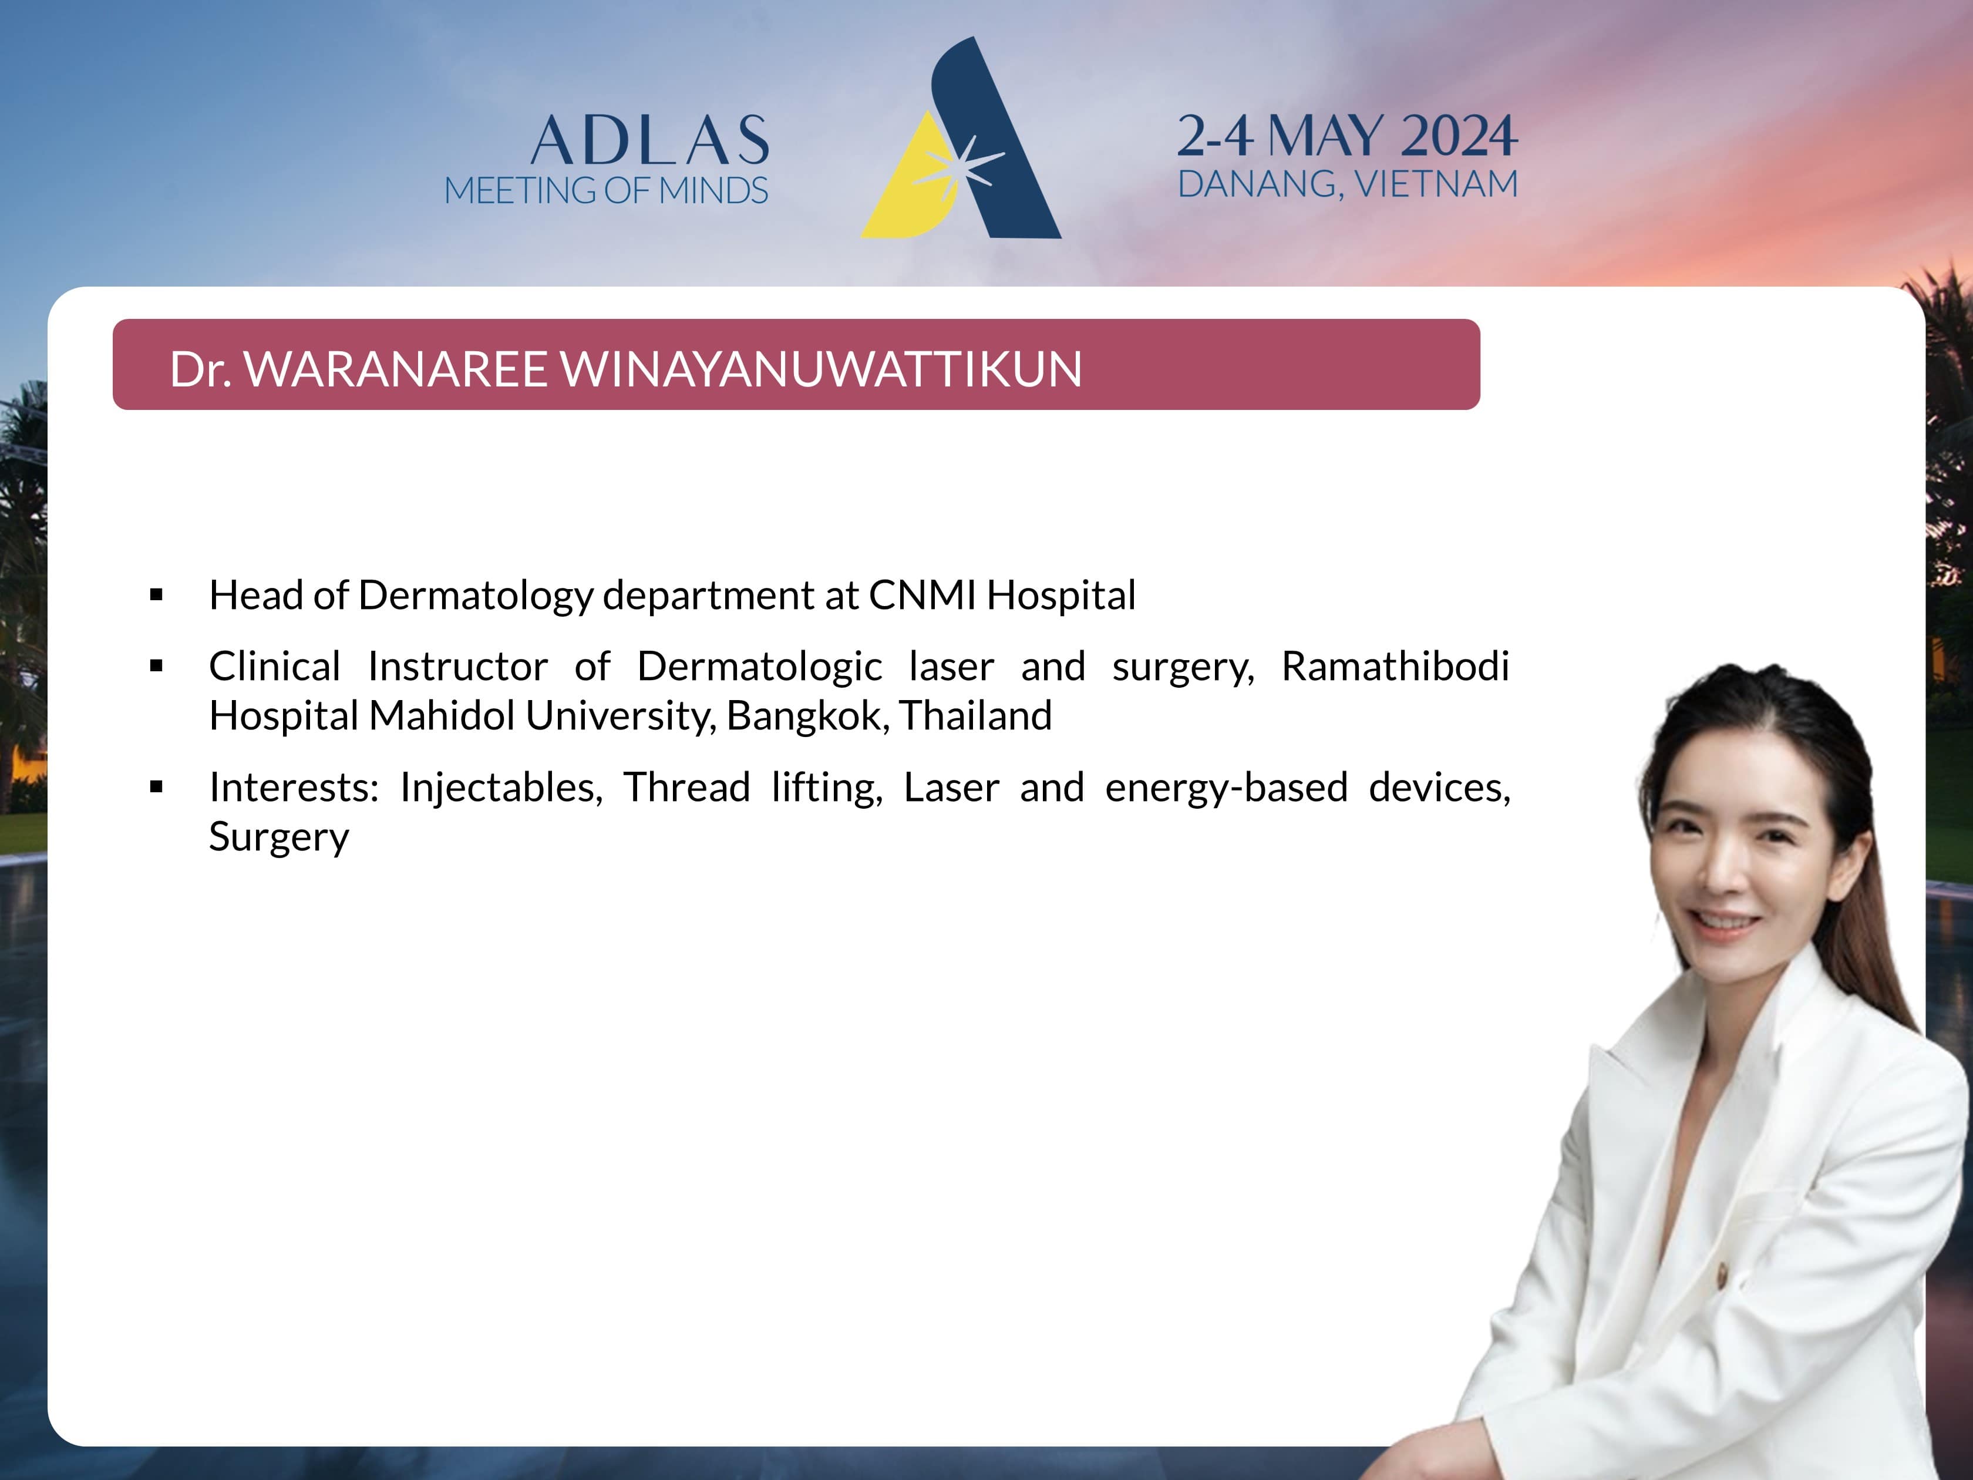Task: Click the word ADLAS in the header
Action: [x=649, y=141]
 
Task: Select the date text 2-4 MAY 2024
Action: [x=1347, y=136]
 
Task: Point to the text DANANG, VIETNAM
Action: [x=1348, y=184]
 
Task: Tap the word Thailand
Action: [x=976, y=715]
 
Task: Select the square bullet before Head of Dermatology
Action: [x=157, y=595]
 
